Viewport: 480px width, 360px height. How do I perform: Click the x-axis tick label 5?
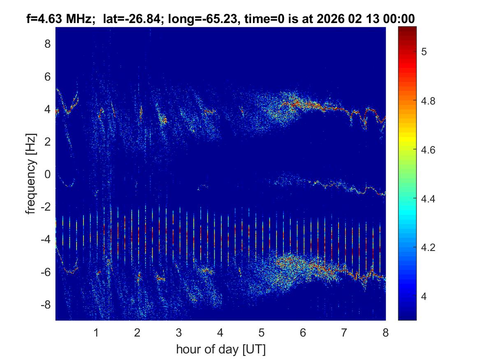(x=262, y=332)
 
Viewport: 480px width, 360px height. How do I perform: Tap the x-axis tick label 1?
(x=96, y=332)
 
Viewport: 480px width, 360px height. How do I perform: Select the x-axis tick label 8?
(x=385, y=332)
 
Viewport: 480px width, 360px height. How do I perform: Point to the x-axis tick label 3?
(x=179, y=332)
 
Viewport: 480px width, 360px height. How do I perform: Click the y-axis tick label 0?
(x=47, y=174)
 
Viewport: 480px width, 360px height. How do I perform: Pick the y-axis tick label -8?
(x=45, y=304)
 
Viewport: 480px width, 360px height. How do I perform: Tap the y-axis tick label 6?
(x=47, y=77)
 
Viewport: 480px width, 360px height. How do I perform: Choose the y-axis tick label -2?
(x=45, y=207)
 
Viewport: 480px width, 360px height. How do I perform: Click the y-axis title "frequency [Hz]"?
(x=31, y=174)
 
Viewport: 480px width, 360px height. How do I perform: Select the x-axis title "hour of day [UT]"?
(x=220, y=349)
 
